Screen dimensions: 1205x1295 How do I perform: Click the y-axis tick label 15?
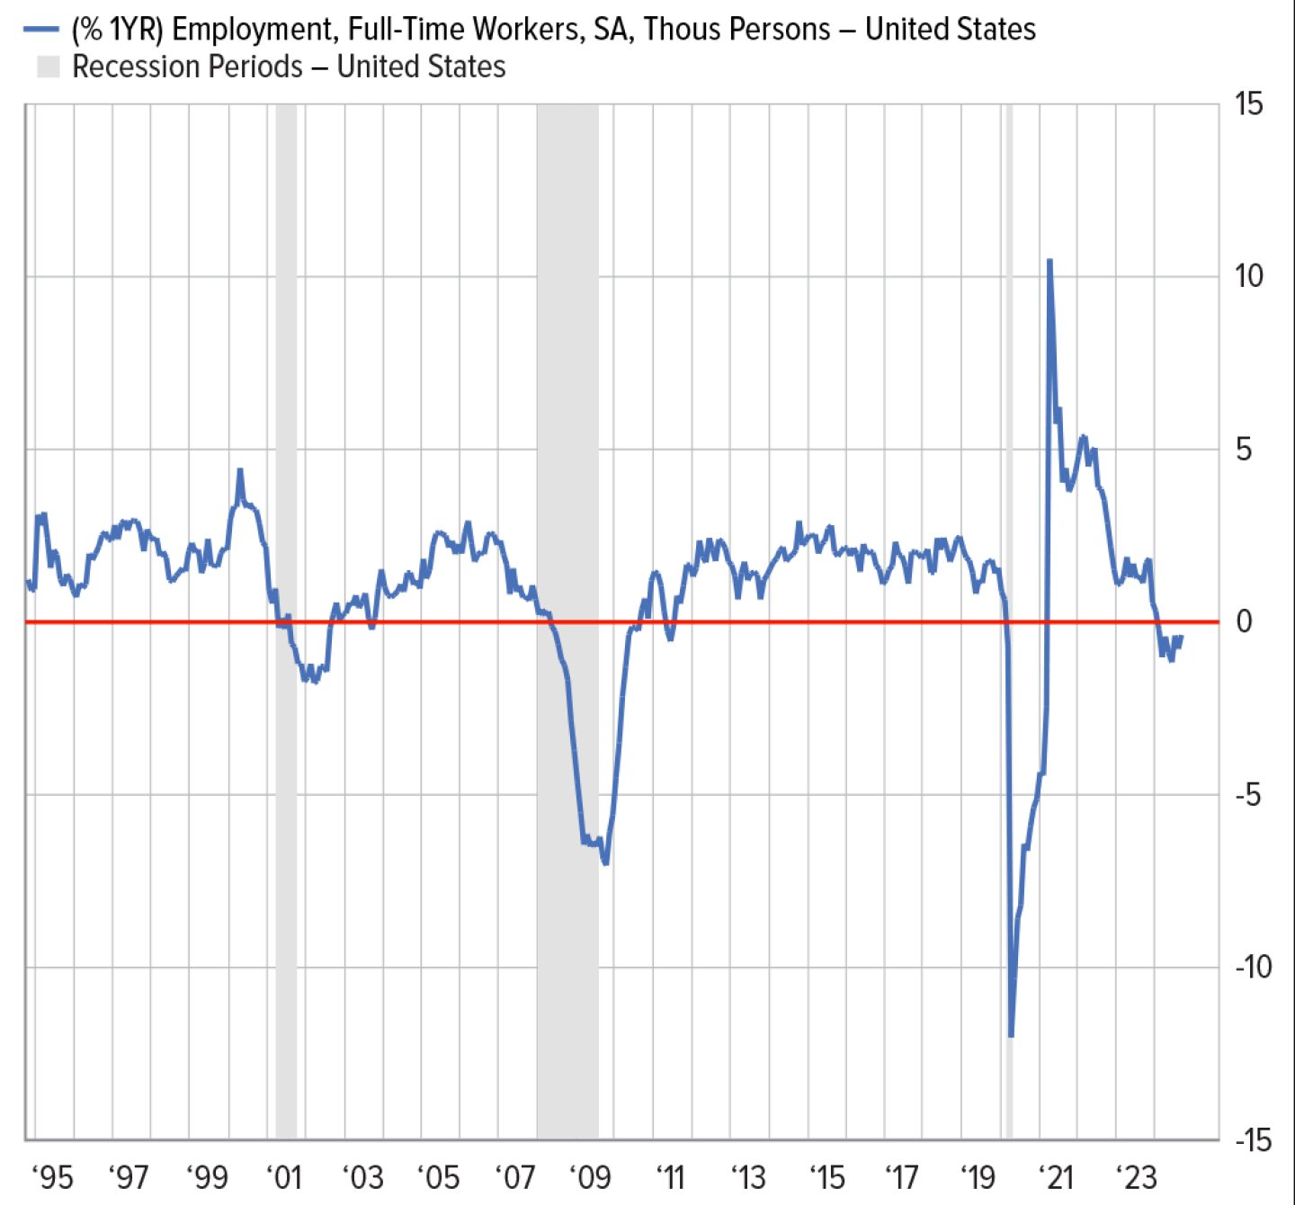(x=1248, y=104)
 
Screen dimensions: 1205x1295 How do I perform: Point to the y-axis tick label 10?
(x=1248, y=276)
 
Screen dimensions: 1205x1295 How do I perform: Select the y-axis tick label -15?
(x=1253, y=1140)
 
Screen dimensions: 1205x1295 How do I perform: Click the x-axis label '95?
(x=51, y=1176)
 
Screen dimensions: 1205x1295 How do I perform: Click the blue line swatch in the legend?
(x=41, y=29)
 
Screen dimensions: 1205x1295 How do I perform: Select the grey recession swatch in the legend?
(x=48, y=67)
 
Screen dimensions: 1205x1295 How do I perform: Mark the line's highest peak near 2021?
(x=1049, y=262)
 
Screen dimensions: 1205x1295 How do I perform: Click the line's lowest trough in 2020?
(x=1012, y=1035)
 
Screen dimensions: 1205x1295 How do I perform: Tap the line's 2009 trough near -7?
(x=606, y=862)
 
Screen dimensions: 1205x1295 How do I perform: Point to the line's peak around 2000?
(x=239, y=470)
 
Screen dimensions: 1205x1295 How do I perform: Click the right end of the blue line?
(x=1180, y=637)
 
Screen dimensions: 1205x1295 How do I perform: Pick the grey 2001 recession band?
(x=286, y=360)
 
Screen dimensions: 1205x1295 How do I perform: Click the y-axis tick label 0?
(x=1244, y=621)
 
